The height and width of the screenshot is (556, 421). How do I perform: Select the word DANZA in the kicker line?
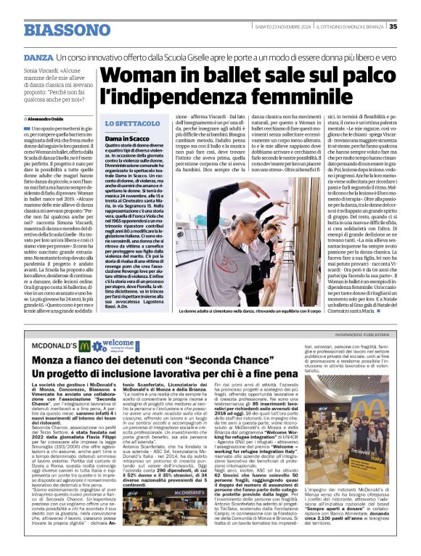coord(38,56)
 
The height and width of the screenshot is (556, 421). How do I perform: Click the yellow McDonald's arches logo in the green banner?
coord(85,346)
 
